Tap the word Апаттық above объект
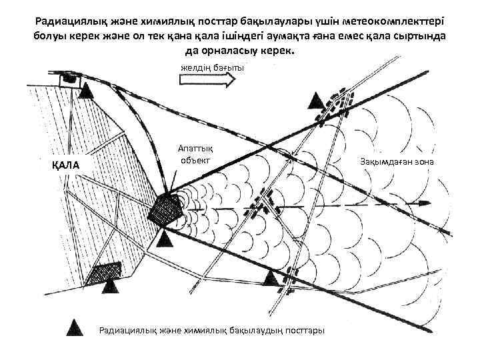[x=195, y=149]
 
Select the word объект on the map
[x=195, y=161]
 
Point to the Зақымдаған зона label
[x=397, y=162]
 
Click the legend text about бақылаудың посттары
[x=211, y=329]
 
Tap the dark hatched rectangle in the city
[x=106, y=271]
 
